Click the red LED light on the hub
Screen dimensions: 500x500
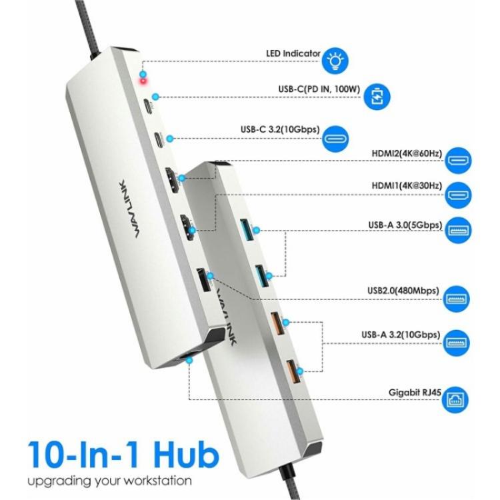[141, 81]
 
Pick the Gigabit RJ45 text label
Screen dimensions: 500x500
[414, 393]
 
